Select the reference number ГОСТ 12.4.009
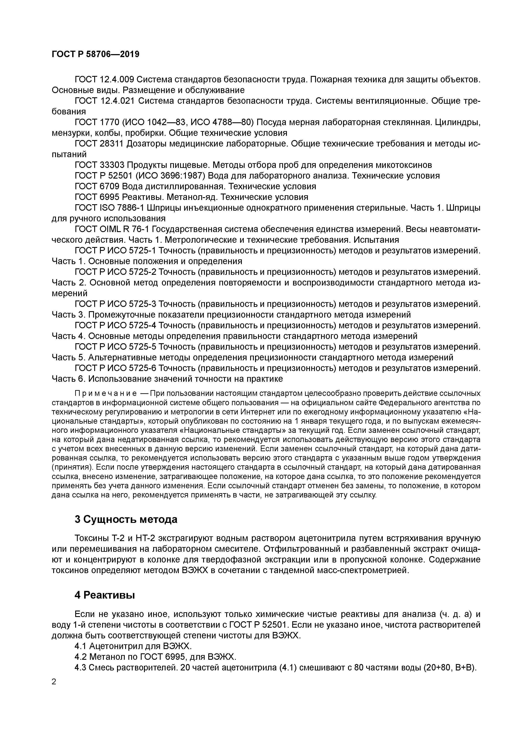(104, 79)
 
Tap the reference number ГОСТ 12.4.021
(104, 101)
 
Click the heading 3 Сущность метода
(126, 520)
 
